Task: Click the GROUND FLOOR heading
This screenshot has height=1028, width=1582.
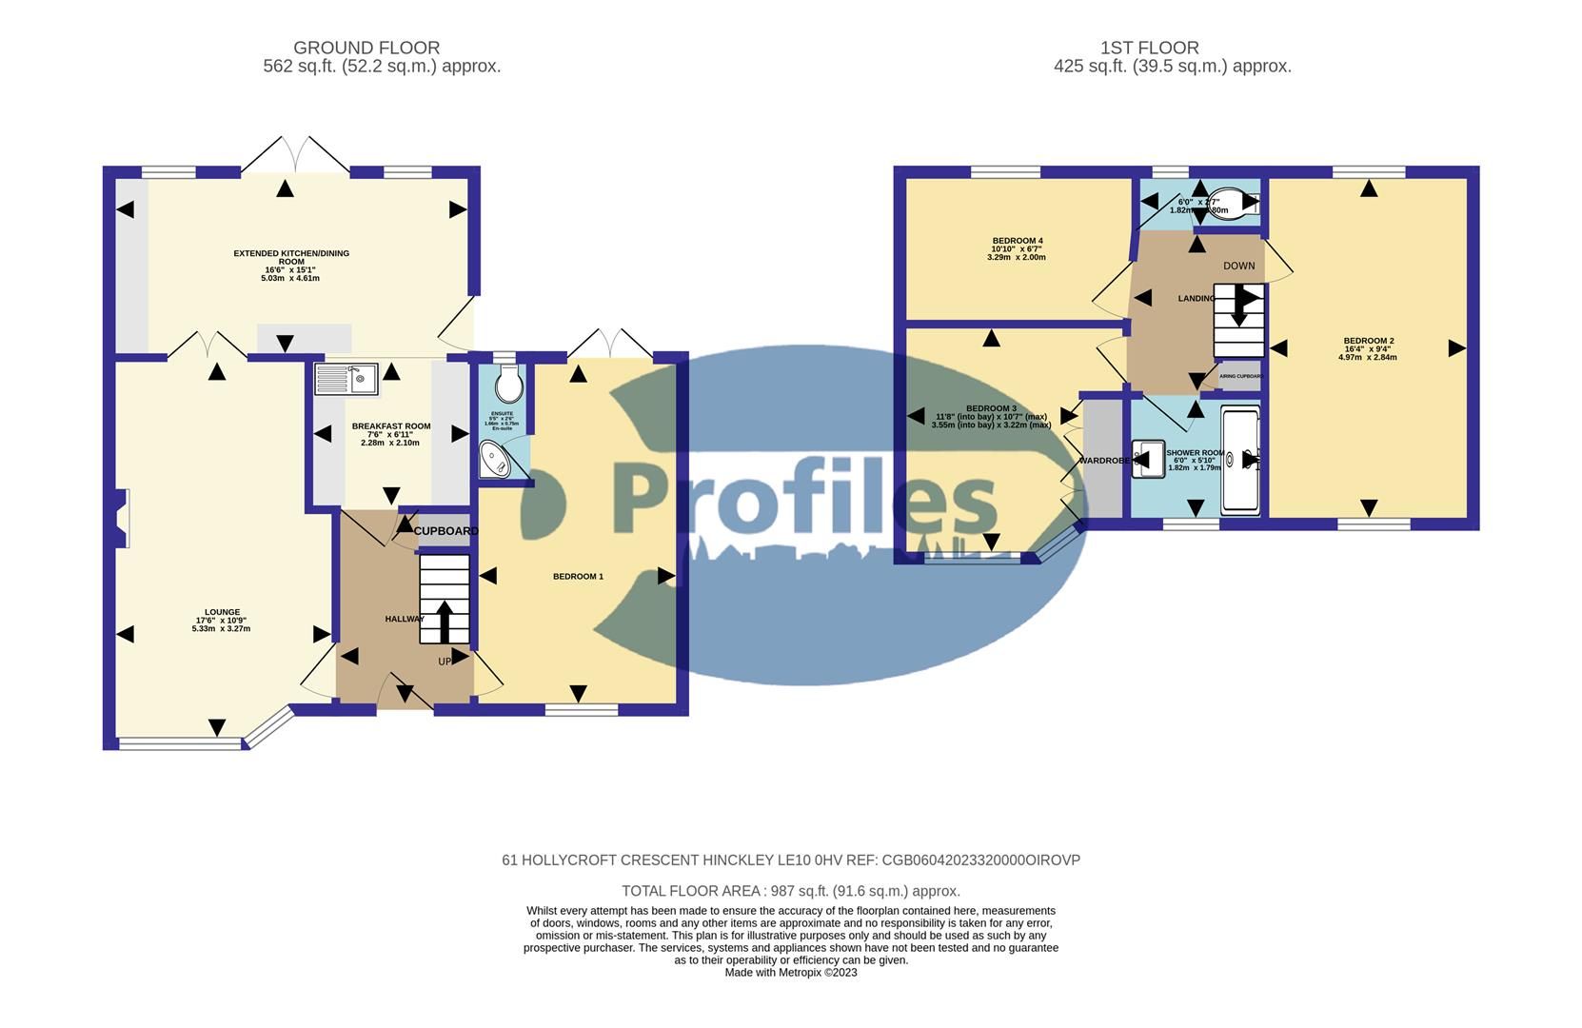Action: click(366, 48)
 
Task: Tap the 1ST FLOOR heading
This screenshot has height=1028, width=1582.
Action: click(1149, 48)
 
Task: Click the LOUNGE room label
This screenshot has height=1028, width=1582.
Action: click(222, 612)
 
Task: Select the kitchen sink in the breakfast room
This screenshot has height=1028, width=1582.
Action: click(346, 379)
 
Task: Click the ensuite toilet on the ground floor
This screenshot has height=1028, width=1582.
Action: click(509, 385)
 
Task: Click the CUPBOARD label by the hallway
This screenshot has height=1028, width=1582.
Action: click(445, 531)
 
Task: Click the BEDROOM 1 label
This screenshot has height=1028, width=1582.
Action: click(578, 576)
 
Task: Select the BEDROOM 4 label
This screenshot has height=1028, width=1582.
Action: click(1018, 241)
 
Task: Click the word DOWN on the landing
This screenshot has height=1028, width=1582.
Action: click(1238, 266)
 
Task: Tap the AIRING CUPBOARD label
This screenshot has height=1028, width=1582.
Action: click(1241, 376)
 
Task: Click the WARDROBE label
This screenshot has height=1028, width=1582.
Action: click(1103, 461)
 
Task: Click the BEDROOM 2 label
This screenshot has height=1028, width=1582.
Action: click(1368, 341)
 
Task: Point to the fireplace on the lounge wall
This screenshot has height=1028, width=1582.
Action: click(120, 519)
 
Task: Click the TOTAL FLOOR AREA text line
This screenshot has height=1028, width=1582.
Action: click(790, 891)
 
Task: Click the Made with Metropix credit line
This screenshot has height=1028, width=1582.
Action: click(790, 973)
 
